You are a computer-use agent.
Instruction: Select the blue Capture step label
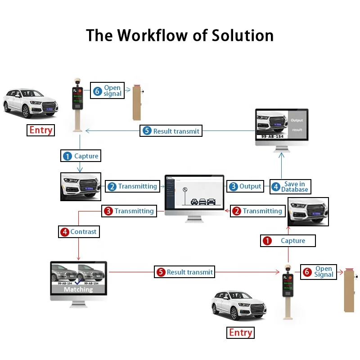(81, 156)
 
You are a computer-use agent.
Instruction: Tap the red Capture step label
(288, 241)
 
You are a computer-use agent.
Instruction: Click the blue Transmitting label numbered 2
(132, 186)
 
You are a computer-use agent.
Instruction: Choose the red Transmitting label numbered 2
(257, 211)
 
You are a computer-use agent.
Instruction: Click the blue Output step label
(245, 186)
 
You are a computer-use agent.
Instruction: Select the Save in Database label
(290, 187)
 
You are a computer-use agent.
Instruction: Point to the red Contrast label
(79, 232)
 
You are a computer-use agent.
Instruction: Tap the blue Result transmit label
(171, 131)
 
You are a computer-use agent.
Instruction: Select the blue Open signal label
(108, 90)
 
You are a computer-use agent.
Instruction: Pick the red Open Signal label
(319, 272)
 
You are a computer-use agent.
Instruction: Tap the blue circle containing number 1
(67, 156)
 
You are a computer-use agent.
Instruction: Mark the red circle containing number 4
(65, 232)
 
